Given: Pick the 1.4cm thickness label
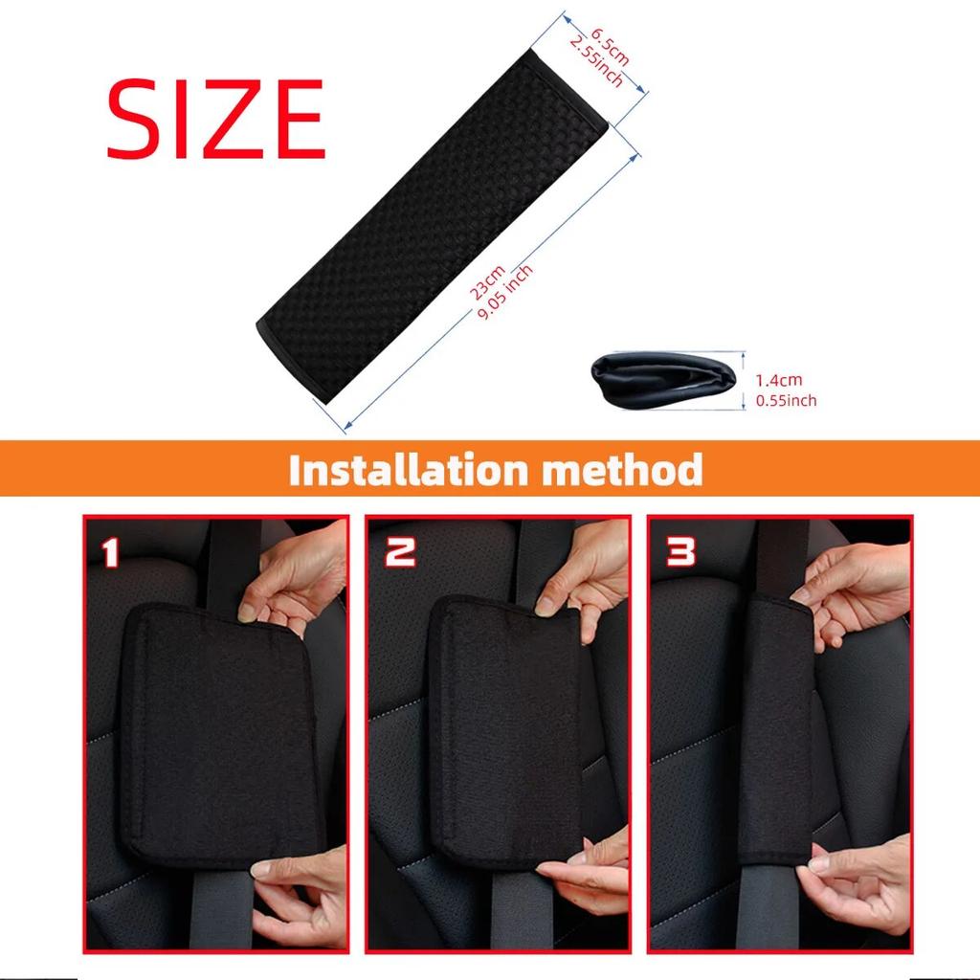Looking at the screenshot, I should point(779,380).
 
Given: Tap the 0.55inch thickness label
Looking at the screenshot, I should point(786,401).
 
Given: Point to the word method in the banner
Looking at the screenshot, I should point(626,471).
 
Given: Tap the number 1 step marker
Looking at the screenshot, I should point(111,551).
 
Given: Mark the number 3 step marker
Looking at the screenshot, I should point(680,551).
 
